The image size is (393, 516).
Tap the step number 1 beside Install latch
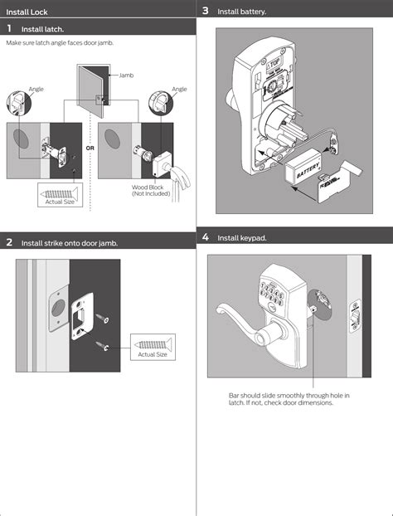(x=9, y=29)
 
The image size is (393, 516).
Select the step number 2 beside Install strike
(x=9, y=243)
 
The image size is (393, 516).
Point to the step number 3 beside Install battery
(x=205, y=11)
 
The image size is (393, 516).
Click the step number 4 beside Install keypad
(x=205, y=238)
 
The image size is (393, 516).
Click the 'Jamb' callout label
(x=126, y=75)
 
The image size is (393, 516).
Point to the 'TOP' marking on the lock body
(x=275, y=62)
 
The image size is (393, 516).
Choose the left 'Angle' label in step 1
(x=36, y=89)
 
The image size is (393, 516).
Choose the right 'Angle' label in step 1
(x=179, y=89)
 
